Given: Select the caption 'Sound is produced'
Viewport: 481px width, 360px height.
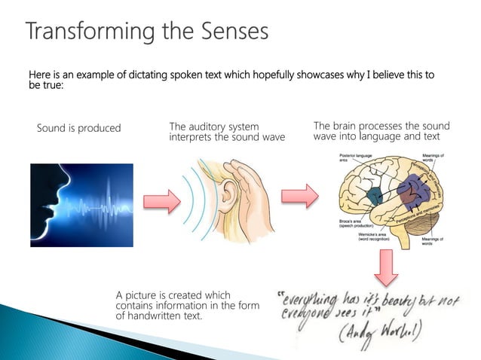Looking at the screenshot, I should coord(78,128).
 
